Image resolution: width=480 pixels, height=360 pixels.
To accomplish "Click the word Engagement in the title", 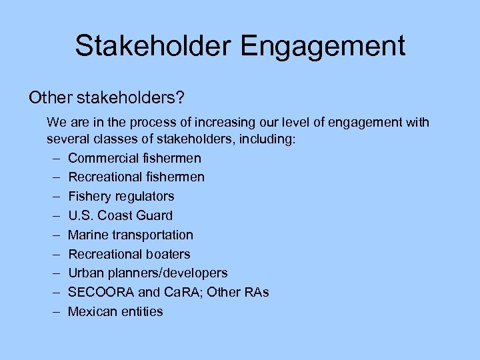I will coord(323,46).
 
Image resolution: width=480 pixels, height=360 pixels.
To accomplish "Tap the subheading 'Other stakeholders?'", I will coord(106,97).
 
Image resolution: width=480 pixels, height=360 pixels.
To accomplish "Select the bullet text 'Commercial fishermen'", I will coord(134,158).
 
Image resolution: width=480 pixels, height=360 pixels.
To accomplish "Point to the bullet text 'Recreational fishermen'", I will coord(136,177).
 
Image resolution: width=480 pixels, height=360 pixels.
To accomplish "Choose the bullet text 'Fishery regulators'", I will coord(121,196).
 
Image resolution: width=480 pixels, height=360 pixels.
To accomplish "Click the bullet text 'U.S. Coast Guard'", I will coord(120,215).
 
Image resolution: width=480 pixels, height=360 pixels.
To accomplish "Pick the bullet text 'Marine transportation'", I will coord(130,235).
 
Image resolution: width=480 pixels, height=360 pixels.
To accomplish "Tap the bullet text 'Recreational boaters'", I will coord(129,254).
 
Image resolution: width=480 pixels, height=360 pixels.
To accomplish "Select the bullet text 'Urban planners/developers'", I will coord(147,273).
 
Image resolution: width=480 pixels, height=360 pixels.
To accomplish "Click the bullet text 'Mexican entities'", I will coord(115,311).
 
